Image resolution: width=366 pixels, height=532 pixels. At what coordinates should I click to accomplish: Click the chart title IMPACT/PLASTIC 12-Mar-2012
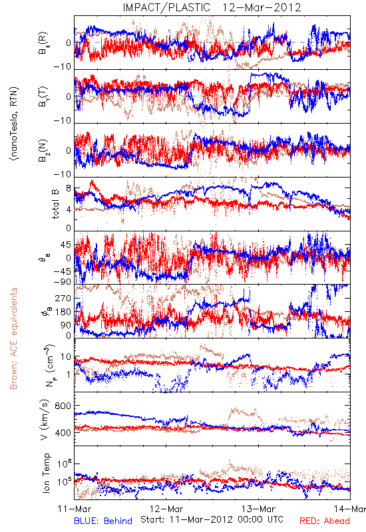pyautogui.click(x=212, y=7)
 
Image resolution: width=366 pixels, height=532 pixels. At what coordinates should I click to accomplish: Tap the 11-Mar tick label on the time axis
pyautogui.click(x=75, y=509)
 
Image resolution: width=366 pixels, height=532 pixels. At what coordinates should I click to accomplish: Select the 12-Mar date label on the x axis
pyautogui.click(x=166, y=509)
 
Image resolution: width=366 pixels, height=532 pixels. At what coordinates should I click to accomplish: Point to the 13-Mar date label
pyautogui.click(x=258, y=509)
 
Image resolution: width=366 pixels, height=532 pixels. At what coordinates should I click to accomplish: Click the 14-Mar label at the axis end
pyautogui.click(x=350, y=509)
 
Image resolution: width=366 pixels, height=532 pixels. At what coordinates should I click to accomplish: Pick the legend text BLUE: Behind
pyautogui.click(x=103, y=521)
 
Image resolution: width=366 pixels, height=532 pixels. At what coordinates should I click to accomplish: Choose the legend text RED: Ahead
pyautogui.click(x=325, y=521)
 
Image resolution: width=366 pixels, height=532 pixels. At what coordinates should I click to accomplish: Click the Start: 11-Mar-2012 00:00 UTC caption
pyautogui.click(x=212, y=519)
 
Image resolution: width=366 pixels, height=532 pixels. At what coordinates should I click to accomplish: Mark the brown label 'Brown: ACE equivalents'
pyautogui.click(x=13, y=338)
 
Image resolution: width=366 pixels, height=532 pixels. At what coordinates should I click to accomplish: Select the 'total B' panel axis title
pyautogui.click(x=55, y=204)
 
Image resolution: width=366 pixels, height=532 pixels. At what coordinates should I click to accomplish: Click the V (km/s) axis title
pyautogui.click(x=45, y=420)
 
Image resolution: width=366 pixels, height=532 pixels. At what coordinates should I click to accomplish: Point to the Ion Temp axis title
pyautogui.click(x=46, y=473)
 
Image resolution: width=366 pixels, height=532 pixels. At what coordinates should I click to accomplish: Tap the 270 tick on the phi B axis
pyautogui.click(x=63, y=298)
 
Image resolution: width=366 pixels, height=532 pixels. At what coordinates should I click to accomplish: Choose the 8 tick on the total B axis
pyautogui.click(x=69, y=188)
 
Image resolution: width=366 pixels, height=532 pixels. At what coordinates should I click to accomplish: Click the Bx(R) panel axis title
pyautogui.click(x=43, y=43)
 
